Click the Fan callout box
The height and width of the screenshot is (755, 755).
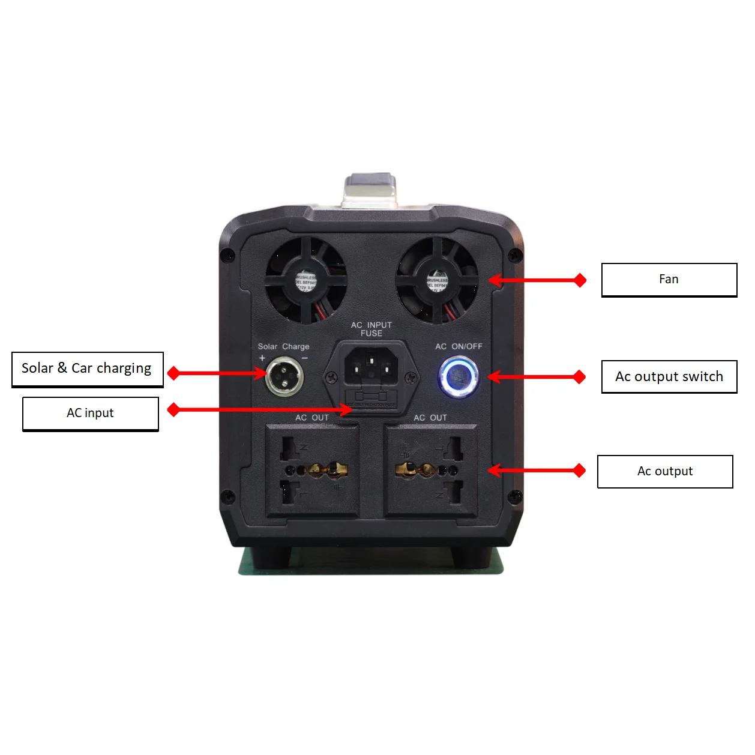(x=669, y=280)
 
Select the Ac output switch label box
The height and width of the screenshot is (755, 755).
(x=669, y=377)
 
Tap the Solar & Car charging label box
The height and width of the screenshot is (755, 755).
(x=87, y=368)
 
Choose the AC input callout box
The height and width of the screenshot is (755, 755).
(x=90, y=414)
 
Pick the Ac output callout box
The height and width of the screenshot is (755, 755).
(x=665, y=472)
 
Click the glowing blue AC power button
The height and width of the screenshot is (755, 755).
(x=459, y=377)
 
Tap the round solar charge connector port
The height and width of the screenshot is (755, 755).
(x=284, y=376)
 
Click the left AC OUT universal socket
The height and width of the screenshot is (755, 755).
(x=312, y=470)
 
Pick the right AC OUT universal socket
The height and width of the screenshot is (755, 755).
(x=430, y=470)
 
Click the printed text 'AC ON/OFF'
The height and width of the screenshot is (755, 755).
(x=459, y=346)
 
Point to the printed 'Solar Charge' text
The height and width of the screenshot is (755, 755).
(x=283, y=346)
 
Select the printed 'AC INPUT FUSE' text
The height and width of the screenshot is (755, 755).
(x=371, y=329)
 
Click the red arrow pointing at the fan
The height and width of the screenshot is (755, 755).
(x=534, y=280)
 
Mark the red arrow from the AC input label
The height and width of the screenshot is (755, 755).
(x=264, y=410)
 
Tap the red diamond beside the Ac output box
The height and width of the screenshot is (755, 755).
(x=579, y=471)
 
